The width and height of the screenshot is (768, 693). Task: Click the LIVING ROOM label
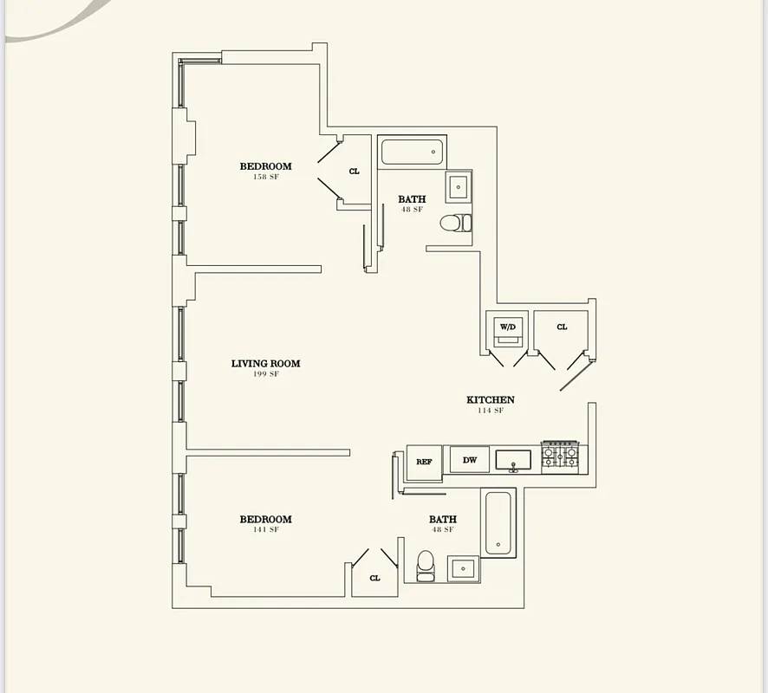pyautogui.click(x=265, y=364)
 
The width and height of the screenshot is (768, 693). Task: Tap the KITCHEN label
pyautogui.click(x=491, y=400)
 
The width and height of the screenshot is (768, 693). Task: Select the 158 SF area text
pyautogui.click(x=265, y=177)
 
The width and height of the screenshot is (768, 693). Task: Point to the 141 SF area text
pyautogui.click(x=265, y=529)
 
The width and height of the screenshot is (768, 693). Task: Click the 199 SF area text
pyautogui.click(x=265, y=374)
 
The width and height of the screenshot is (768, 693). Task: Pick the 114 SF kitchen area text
pyautogui.click(x=491, y=411)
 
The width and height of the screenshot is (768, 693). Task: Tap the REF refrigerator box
pyautogui.click(x=424, y=461)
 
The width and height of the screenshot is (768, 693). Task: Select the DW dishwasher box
pyautogui.click(x=470, y=460)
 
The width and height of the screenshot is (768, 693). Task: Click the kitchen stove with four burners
pyautogui.click(x=560, y=457)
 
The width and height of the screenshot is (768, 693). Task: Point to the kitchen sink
pyautogui.click(x=513, y=460)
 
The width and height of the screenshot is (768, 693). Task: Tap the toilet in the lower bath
pyautogui.click(x=426, y=566)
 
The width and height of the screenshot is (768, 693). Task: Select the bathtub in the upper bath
pyautogui.click(x=413, y=152)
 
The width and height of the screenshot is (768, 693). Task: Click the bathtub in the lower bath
pyautogui.click(x=498, y=523)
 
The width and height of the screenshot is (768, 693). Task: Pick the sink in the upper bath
pyautogui.click(x=459, y=186)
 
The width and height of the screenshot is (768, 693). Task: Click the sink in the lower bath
pyautogui.click(x=463, y=569)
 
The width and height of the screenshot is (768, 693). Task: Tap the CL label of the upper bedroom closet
pyautogui.click(x=354, y=172)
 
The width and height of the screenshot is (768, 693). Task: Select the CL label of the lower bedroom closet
pyautogui.click(x=374, y=578)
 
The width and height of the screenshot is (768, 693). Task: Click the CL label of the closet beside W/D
pyautogui.click(x=562, y=327)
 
